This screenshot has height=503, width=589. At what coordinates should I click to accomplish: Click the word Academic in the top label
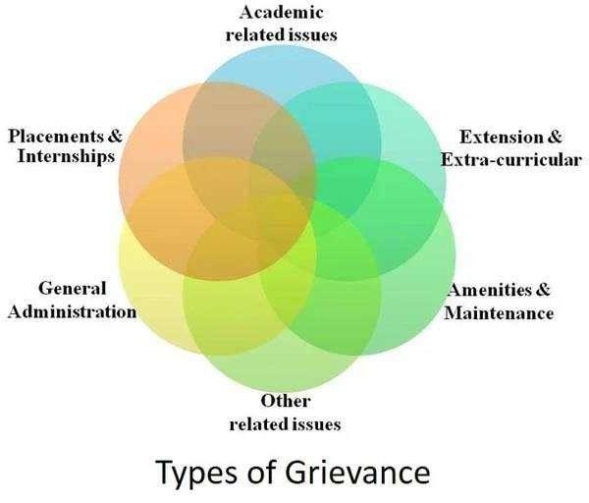pyautogui.click(x=282, y=14)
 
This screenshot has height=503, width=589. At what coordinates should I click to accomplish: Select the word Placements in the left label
pyautogui.click(x=48, y=136)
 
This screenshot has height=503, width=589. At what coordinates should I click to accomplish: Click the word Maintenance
pyautogui.click(x=500, y=314)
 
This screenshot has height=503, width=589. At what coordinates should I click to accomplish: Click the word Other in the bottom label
pyautogui.click(x=285, y=402)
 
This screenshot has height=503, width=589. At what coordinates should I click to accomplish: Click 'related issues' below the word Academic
pyautogui.click(x=282, y=34)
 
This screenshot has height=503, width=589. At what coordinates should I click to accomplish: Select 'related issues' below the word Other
pyautogui.click(x=285, y=423)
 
